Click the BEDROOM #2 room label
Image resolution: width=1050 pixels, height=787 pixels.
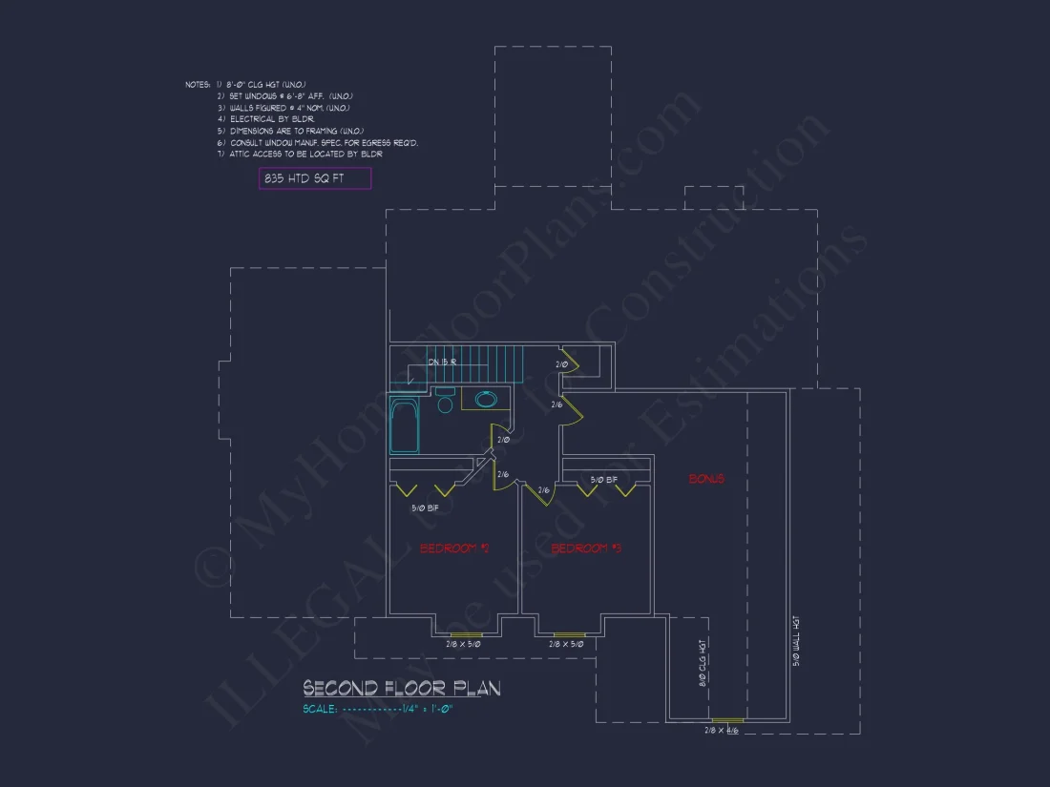tap(454, 549)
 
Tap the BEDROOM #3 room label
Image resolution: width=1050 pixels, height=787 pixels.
tap(586, 549)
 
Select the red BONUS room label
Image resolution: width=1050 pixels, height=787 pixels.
tap(706, 479)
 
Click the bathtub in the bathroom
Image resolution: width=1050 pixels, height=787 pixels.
tap(405, 426)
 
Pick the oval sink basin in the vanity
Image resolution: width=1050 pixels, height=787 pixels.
tap(486, 399)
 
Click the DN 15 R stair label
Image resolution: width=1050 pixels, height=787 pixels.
tap(442, 362)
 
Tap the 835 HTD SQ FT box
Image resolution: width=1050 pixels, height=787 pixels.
tap(314, 178)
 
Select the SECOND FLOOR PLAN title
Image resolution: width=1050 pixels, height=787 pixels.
tap(401, 688)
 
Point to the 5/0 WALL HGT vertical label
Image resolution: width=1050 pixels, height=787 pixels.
tap(797, 639)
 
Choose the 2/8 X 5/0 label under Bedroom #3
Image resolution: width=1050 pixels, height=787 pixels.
tap(568, 645)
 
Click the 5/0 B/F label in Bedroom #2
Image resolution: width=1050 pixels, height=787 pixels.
tap(425, 508)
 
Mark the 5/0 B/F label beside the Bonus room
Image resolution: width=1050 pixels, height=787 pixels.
tap(604, 480)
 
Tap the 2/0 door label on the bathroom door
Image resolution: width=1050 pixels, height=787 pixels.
tap(502, 440)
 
